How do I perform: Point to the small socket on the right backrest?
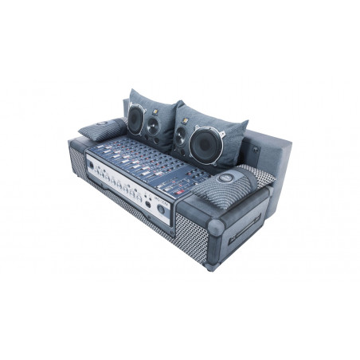[x=256, y=149]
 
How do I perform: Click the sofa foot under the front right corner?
[x=209, y=267]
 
